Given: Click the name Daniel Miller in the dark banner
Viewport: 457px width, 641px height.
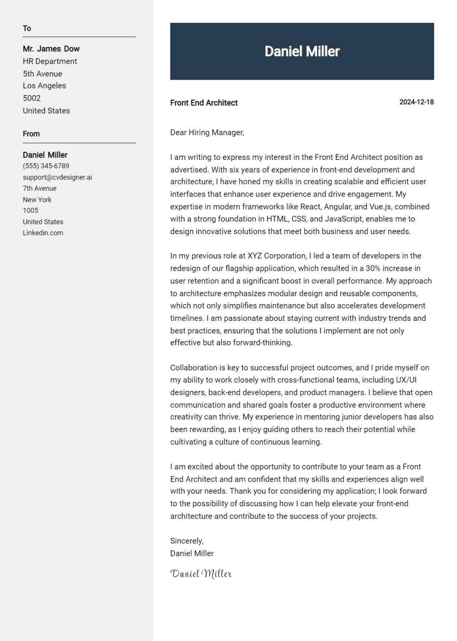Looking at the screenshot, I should (x=302, y=51).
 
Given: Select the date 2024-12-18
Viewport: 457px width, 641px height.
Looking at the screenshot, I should (x=416, y=102).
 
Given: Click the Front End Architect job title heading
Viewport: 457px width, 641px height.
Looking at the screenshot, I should (x=204, y=103).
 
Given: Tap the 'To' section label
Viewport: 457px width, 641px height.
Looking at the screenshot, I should (x=27, y=28).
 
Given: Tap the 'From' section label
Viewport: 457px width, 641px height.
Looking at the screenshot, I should (x=31, y=134).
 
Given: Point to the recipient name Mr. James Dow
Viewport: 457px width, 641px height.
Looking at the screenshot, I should (x=51, y=49).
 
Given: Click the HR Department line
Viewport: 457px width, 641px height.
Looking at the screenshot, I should (x=50, y=61).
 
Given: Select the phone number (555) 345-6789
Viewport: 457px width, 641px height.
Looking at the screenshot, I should (x=46, y=166).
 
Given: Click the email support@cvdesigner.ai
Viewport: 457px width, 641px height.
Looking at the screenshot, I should (x=57, y=177).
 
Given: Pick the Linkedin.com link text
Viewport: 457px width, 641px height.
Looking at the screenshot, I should (x=43, y=233).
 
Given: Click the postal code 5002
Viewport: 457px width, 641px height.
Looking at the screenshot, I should (x=32, y=98).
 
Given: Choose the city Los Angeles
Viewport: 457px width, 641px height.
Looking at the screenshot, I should (x=44, y=86).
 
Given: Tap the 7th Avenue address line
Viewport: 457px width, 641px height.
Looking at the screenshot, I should (x=40, y=189).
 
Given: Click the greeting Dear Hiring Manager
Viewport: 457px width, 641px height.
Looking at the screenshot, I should (x=207, y=133).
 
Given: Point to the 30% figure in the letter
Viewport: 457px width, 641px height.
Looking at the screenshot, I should (x=373, y=268).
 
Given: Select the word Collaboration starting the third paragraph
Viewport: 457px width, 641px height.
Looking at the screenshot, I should (x=194, y=368).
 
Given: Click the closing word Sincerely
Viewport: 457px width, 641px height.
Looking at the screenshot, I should (x=187, y=541).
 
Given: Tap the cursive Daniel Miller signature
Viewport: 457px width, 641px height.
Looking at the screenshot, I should (x=201, y=574).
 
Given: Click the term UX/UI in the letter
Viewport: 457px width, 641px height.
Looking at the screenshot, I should (x=406, y=380).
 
